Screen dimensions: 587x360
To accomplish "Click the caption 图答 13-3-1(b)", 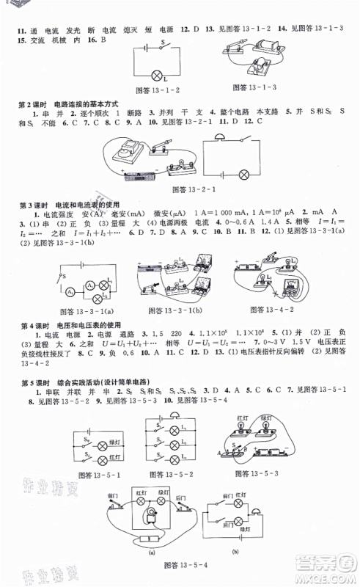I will click(171, 308).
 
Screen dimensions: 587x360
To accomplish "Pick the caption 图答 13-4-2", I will click(270, 308).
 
